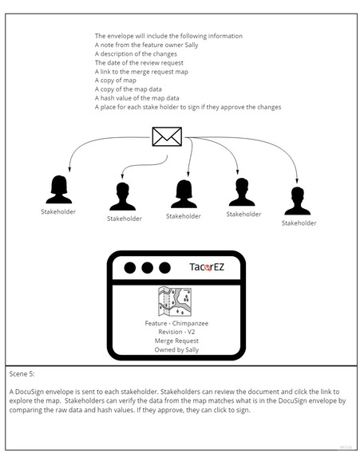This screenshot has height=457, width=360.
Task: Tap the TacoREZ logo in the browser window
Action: click(x=212, y=268)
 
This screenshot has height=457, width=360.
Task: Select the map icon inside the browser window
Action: click(x=174, y=302)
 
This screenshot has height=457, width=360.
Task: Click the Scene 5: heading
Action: click(x=22, y=373)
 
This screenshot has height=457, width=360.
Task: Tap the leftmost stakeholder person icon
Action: click(x=57, y=189)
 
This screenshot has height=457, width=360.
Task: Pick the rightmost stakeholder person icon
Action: click(x=298, y=201)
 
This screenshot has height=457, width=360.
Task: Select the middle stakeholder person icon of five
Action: click(x=184, y=194)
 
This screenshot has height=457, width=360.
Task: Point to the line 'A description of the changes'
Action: click(x=135, y=53)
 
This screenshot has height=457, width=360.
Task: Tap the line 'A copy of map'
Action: click(x=115, y=81)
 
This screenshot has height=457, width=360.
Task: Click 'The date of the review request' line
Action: click(x=137, y=62)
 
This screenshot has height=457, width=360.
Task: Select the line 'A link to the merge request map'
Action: click(x=141, y=72)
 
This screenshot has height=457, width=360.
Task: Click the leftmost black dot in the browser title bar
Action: click(x=129, y=268)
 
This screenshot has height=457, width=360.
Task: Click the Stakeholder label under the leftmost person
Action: click(x=57, y=212)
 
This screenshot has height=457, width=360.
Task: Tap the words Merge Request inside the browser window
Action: click(x=176, y=341)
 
